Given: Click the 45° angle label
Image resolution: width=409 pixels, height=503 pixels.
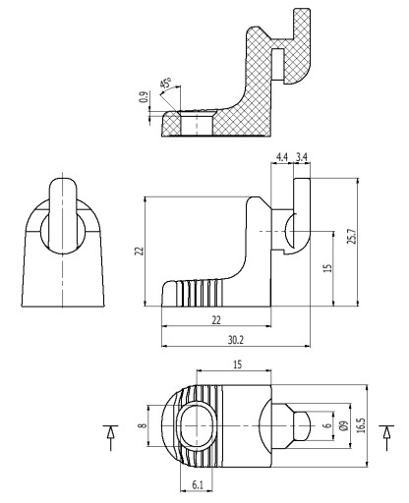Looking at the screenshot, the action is pos(166,84).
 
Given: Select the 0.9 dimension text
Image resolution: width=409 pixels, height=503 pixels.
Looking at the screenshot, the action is pos(144,97).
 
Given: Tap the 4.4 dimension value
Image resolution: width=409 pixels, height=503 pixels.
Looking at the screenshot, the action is pos(282,157).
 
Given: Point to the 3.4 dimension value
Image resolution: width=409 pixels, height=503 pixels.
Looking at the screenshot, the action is pos(302,157).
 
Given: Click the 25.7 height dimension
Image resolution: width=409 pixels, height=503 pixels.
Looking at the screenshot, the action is pos(351,236).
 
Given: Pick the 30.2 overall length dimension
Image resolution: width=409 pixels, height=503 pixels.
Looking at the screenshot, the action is pos(236,340).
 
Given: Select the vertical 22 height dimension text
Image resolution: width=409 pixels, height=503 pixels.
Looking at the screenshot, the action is pos(140,251).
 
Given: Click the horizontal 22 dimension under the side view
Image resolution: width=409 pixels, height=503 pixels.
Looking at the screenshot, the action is pos(216,320).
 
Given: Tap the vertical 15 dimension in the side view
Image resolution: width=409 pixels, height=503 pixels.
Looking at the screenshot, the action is pos(327,268).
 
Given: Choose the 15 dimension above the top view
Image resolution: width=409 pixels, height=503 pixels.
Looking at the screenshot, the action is pos(237,364).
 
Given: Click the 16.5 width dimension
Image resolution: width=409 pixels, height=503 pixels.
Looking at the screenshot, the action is pos(361,425).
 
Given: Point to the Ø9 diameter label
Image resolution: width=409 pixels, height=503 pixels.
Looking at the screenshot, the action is pos(344,425).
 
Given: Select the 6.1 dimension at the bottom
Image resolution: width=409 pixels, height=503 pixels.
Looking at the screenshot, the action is pos(197,485).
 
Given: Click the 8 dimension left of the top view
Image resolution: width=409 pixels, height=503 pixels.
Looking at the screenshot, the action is pos(142,425).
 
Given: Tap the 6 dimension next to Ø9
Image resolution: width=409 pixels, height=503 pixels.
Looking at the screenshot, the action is pos(326,425).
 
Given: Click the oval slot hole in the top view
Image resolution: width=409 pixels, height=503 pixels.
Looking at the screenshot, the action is pos(197,425).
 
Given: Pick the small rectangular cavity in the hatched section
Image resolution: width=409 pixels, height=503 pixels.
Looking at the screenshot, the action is pos(278,65).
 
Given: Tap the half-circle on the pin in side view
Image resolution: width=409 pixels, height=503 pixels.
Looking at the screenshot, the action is pos(290,231).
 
